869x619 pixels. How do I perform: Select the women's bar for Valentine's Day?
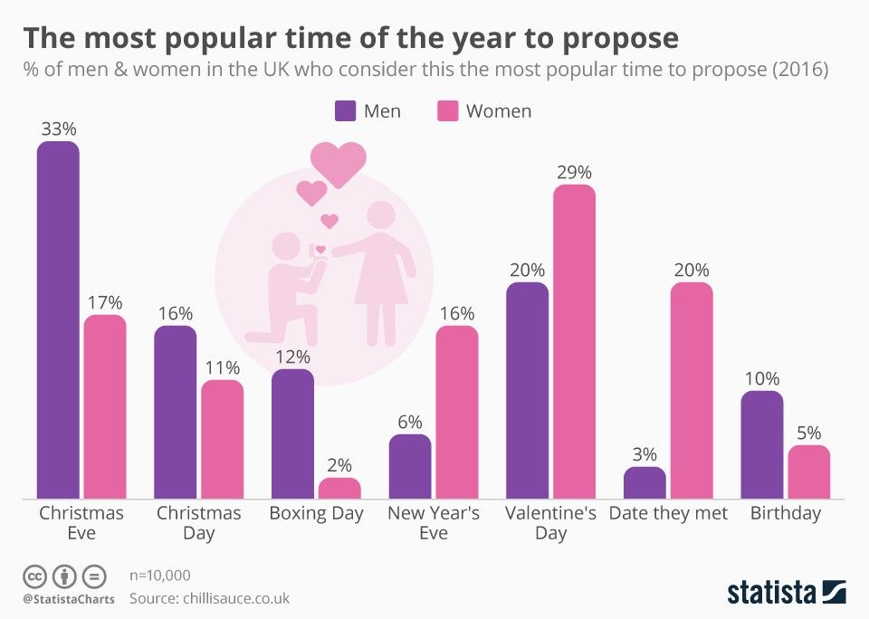point(575,341)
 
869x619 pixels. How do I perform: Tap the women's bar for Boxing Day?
point(339,489)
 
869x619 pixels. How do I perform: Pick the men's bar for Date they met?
point(645,482)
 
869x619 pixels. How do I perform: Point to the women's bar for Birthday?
point(808,471)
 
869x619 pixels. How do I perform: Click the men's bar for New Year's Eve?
point(410,466)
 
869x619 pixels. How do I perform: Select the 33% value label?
point(58,129)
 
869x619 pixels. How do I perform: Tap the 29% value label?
point(575,172)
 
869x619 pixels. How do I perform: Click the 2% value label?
point(339,465)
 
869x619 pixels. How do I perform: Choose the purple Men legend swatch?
point(346,111)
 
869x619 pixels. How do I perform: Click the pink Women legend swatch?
point(449,111)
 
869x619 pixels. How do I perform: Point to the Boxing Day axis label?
point(316,513)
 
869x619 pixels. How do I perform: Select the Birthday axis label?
point(785,513)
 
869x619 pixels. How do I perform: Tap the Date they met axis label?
point(668,513)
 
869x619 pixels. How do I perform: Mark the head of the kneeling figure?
point(286,246)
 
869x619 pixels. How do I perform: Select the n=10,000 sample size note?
point(160,575)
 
